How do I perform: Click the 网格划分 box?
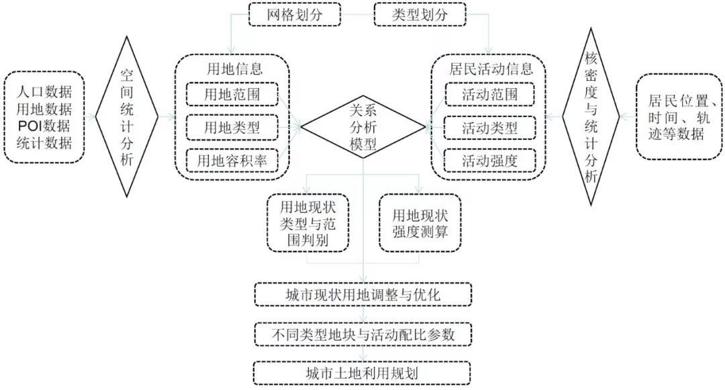coord(295,14)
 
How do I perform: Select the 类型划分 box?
coord(420,14)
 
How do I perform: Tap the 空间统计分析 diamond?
coord(127,117)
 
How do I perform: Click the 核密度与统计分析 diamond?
coord(591,117)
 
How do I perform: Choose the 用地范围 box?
coord(232,95)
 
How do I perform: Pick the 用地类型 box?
coord(232,127)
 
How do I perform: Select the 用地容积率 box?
coord(232,161)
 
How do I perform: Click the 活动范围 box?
coord(489,95)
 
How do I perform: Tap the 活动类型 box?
coord(489,127)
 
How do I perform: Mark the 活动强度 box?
coord(489,161)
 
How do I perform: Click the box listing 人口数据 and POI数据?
coord(44,117)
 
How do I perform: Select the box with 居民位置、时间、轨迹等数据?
coord(679,117)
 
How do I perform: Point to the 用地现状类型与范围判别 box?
coord(307,223)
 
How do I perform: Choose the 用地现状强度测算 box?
coord(420,223)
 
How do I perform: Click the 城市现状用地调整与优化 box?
coord(363,295)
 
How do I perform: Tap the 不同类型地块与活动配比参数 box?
coord(363,334)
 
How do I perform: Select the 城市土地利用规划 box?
coord(362,373)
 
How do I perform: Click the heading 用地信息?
coord(234,69)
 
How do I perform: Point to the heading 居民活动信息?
coord(491,69)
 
